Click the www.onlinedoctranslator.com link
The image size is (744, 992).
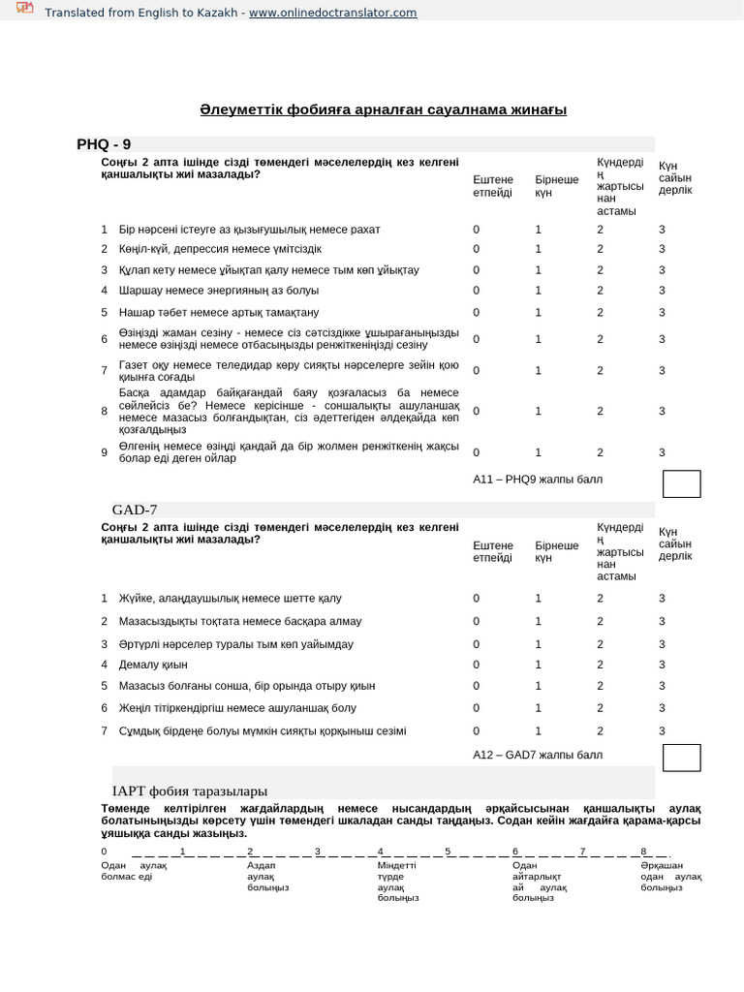point(332,13)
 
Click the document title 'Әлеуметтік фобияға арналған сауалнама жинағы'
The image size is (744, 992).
point(383,109)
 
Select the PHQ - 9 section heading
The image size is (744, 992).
point(104,144)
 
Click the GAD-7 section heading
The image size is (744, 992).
point(135,510)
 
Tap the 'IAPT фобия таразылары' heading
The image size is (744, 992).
point(190,790)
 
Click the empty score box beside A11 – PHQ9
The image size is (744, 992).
point(681,484)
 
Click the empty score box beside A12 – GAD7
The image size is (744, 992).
point(681,758)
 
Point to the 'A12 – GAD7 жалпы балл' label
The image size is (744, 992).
point(537,755)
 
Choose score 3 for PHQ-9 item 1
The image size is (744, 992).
point(662,230)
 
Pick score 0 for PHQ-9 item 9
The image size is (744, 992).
point(476,452)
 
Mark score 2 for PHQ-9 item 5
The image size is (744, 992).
point(600,312)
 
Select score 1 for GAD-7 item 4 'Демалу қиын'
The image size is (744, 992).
point(539,665)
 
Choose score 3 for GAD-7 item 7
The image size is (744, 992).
point(662,731)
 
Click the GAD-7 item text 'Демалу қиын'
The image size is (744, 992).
point(153,665)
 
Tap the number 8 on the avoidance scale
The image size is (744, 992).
point(643,852)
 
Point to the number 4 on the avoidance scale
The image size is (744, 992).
point(381,852)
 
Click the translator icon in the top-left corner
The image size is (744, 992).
point(24,10)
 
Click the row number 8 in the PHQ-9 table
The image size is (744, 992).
point(104,411)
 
